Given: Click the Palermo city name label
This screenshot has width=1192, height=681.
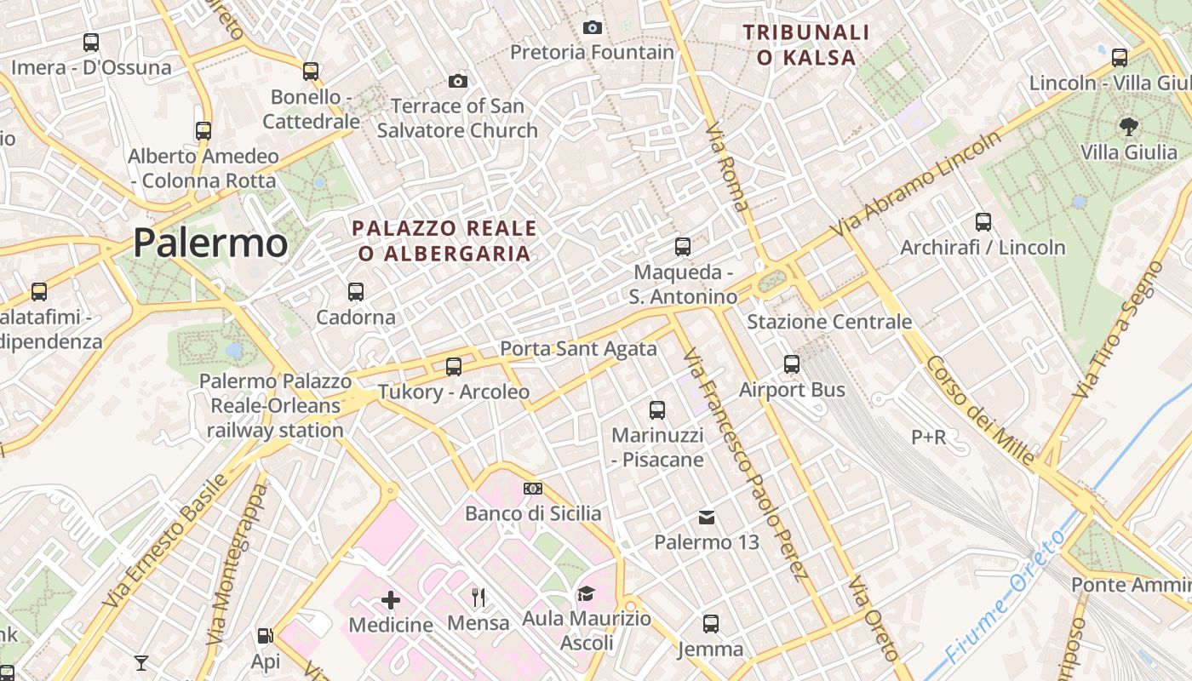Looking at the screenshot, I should click(x=210, y=243).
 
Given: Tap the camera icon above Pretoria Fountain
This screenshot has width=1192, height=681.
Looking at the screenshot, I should click(x=593, y=27).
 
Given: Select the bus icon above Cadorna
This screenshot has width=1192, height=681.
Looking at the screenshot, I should click(x=356, y=292).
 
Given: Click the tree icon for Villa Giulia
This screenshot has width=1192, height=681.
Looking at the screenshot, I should click(x=1129, y=128).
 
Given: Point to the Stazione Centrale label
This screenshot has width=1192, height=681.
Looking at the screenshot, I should click(x=829, y=322).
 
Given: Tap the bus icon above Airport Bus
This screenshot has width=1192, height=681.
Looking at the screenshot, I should click(x=792, y=364).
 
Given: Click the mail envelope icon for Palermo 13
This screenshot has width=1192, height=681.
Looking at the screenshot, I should click(x=707, y=517).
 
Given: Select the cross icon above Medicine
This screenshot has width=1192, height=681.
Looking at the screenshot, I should click(x=391, y=600).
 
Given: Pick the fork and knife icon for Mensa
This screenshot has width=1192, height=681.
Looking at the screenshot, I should click(x=479, y=598).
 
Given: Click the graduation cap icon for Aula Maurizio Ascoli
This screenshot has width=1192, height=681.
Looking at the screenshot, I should click(x=586, y=593).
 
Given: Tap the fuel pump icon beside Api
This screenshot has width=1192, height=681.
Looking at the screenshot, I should click(x=265, y=635).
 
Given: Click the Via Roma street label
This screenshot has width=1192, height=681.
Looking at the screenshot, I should click(x=728, y=167).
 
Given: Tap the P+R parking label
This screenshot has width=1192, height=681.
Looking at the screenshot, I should click(x=928, y=438).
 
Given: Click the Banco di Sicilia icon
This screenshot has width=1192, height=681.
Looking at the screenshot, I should click(x=533, y=489).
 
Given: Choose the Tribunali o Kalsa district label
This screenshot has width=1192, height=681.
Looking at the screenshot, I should click(x=806, y=45).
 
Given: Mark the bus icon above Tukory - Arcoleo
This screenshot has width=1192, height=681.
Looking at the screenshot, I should click(x=454, y=367).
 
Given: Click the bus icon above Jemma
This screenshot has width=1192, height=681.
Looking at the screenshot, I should click(x=711, y=624).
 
